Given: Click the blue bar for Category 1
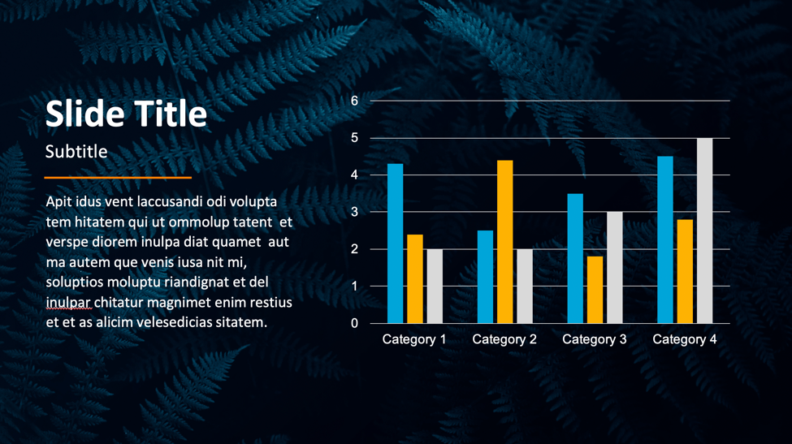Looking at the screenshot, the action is point(395,244).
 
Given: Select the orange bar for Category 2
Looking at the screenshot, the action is point(504,242).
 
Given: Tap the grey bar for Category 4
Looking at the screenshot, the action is point(704,231).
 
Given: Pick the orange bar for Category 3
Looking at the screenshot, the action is point(595,290).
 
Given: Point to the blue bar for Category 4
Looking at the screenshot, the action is point(665,239).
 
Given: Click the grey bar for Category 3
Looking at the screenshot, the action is point(615,267).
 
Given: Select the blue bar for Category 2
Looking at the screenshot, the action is point(486,277).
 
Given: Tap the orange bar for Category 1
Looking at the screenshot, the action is point(415,279).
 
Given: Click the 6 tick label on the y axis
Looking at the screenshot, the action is point(355,101).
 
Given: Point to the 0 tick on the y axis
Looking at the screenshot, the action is point(355,323).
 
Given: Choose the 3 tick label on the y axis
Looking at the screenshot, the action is point(355,212).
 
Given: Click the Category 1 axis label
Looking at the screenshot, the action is point(414,339).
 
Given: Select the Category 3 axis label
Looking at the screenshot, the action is point(595,339).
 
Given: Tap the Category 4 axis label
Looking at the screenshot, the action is point(685,339).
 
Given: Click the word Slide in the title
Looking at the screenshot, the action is point(84,113).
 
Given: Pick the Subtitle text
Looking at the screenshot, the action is point(76,151).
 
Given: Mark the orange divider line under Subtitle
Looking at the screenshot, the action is point(118,178).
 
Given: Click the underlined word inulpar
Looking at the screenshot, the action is point(68,303).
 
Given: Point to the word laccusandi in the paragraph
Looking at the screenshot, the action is point(171,202).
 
